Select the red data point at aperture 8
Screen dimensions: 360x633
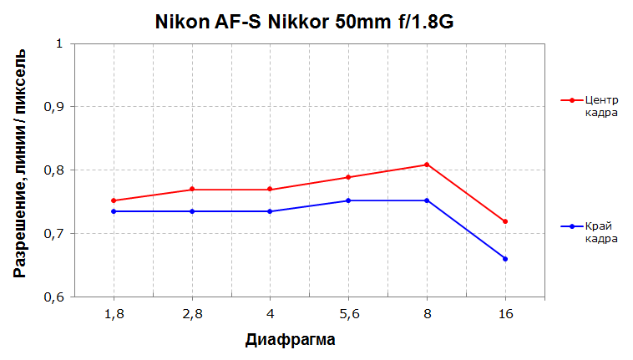pos(427,165)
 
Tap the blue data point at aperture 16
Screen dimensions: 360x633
pos(505,259)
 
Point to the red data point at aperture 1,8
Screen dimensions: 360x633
pos(113,200)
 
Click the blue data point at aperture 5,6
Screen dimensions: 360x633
pos(348,200)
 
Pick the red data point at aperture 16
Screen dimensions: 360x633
pos(505,221)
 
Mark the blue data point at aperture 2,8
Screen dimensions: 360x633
pos(191,211)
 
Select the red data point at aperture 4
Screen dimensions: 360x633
pos(270,190)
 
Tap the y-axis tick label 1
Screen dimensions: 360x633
pos(59,43)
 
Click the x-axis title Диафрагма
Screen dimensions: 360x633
pos(291,341)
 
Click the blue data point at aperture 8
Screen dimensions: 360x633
pos(427,200)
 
